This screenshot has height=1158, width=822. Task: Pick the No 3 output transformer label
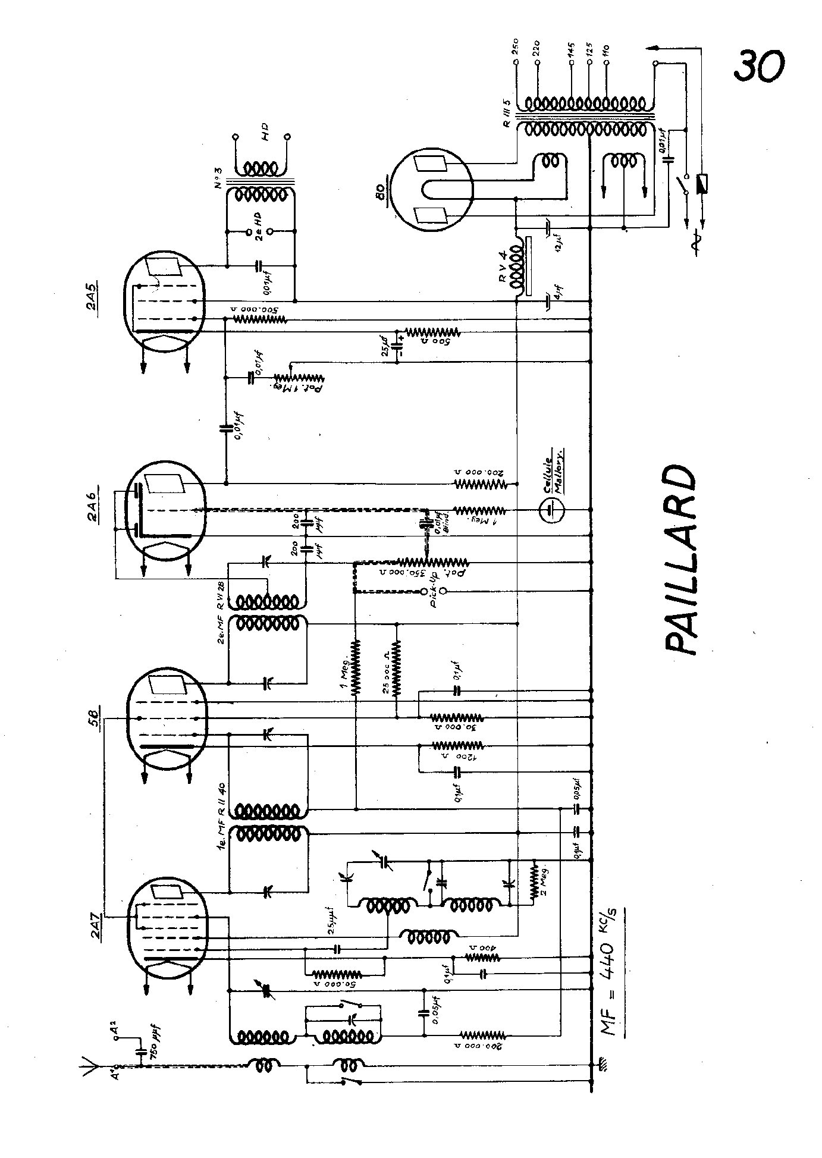click(218, 177)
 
